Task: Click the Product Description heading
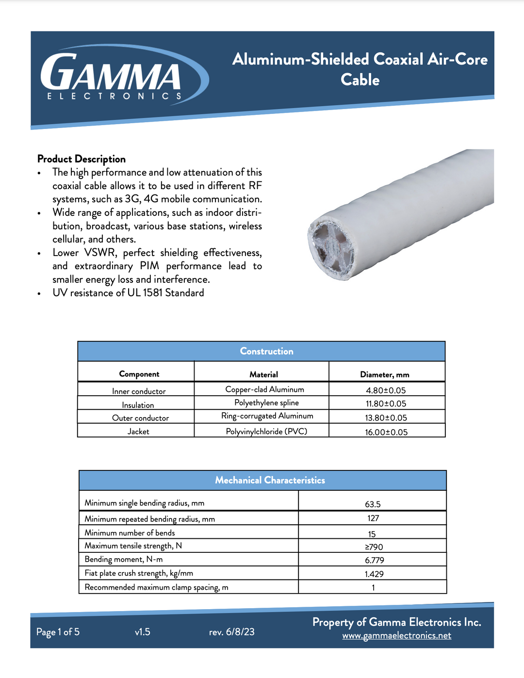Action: tap(82, 159)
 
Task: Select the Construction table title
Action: tap(266, 351)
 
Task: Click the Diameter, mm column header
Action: tap(384, 374)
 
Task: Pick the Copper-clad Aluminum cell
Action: tap(264, 389)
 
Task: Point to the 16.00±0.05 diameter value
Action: tap(386, 432)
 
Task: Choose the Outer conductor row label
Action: tap(140, 418)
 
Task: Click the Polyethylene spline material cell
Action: tap(266, 403)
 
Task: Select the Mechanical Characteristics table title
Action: tap(270, 480)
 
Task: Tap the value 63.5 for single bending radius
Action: tap(373, 504)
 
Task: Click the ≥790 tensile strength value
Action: tap(374, 547)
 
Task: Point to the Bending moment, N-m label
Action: tap(124, 560)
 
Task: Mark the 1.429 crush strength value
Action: tap(374, 574)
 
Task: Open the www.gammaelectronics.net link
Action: tap(396, 635)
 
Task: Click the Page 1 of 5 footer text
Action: tap(58, 632)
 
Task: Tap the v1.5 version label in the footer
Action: tap(143, 632)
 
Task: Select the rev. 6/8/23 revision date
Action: tap(231, 632)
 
